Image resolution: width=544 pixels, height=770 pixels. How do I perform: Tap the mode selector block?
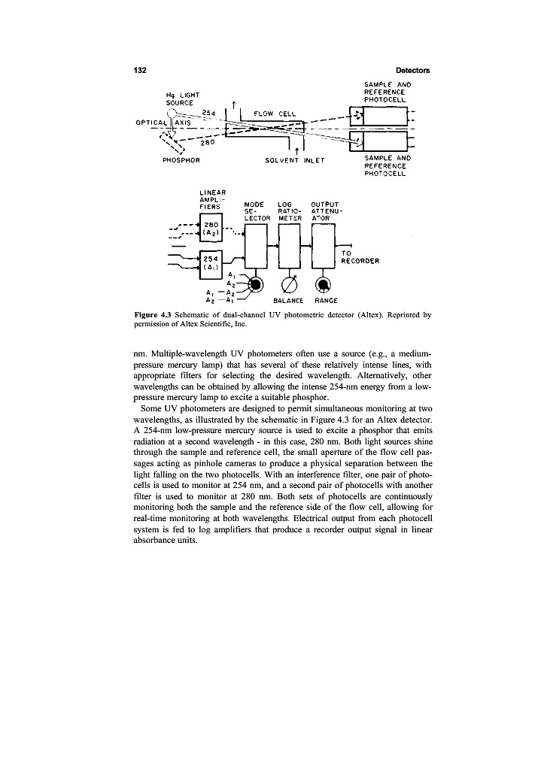click(257, 246)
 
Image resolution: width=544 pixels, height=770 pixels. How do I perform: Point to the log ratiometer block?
click(290, 246)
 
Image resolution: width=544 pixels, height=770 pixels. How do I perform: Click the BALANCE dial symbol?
click(290, 284)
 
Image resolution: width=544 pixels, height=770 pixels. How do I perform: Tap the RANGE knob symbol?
click(323, 284)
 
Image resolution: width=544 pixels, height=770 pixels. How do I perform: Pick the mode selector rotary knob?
click(257, 284)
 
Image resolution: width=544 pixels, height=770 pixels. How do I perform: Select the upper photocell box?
click(383, 115)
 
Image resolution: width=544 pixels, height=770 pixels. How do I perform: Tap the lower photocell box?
click(383, 140)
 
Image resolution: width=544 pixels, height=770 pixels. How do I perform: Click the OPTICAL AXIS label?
click(165, 123)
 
